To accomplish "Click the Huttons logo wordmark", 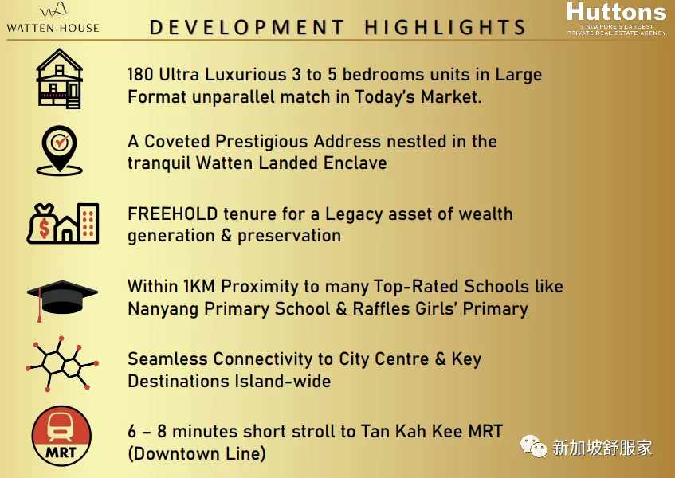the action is click(616, 12).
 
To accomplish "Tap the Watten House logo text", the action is click(53, 28).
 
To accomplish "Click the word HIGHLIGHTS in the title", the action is click(445, 27).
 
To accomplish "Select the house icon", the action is click(60, 78).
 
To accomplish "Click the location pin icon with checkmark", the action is click(60, 150).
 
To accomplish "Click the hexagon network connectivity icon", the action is click(62, 364).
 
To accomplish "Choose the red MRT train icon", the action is click(61, 436).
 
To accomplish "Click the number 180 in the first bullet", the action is click(140, 74).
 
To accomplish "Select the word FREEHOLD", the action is click(172, 214).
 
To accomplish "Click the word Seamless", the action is click(167, 358).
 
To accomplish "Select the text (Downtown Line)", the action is click(196, 454).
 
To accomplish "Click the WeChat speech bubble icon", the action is click(533, 446).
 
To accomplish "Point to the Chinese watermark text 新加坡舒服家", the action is click(602, 448).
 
